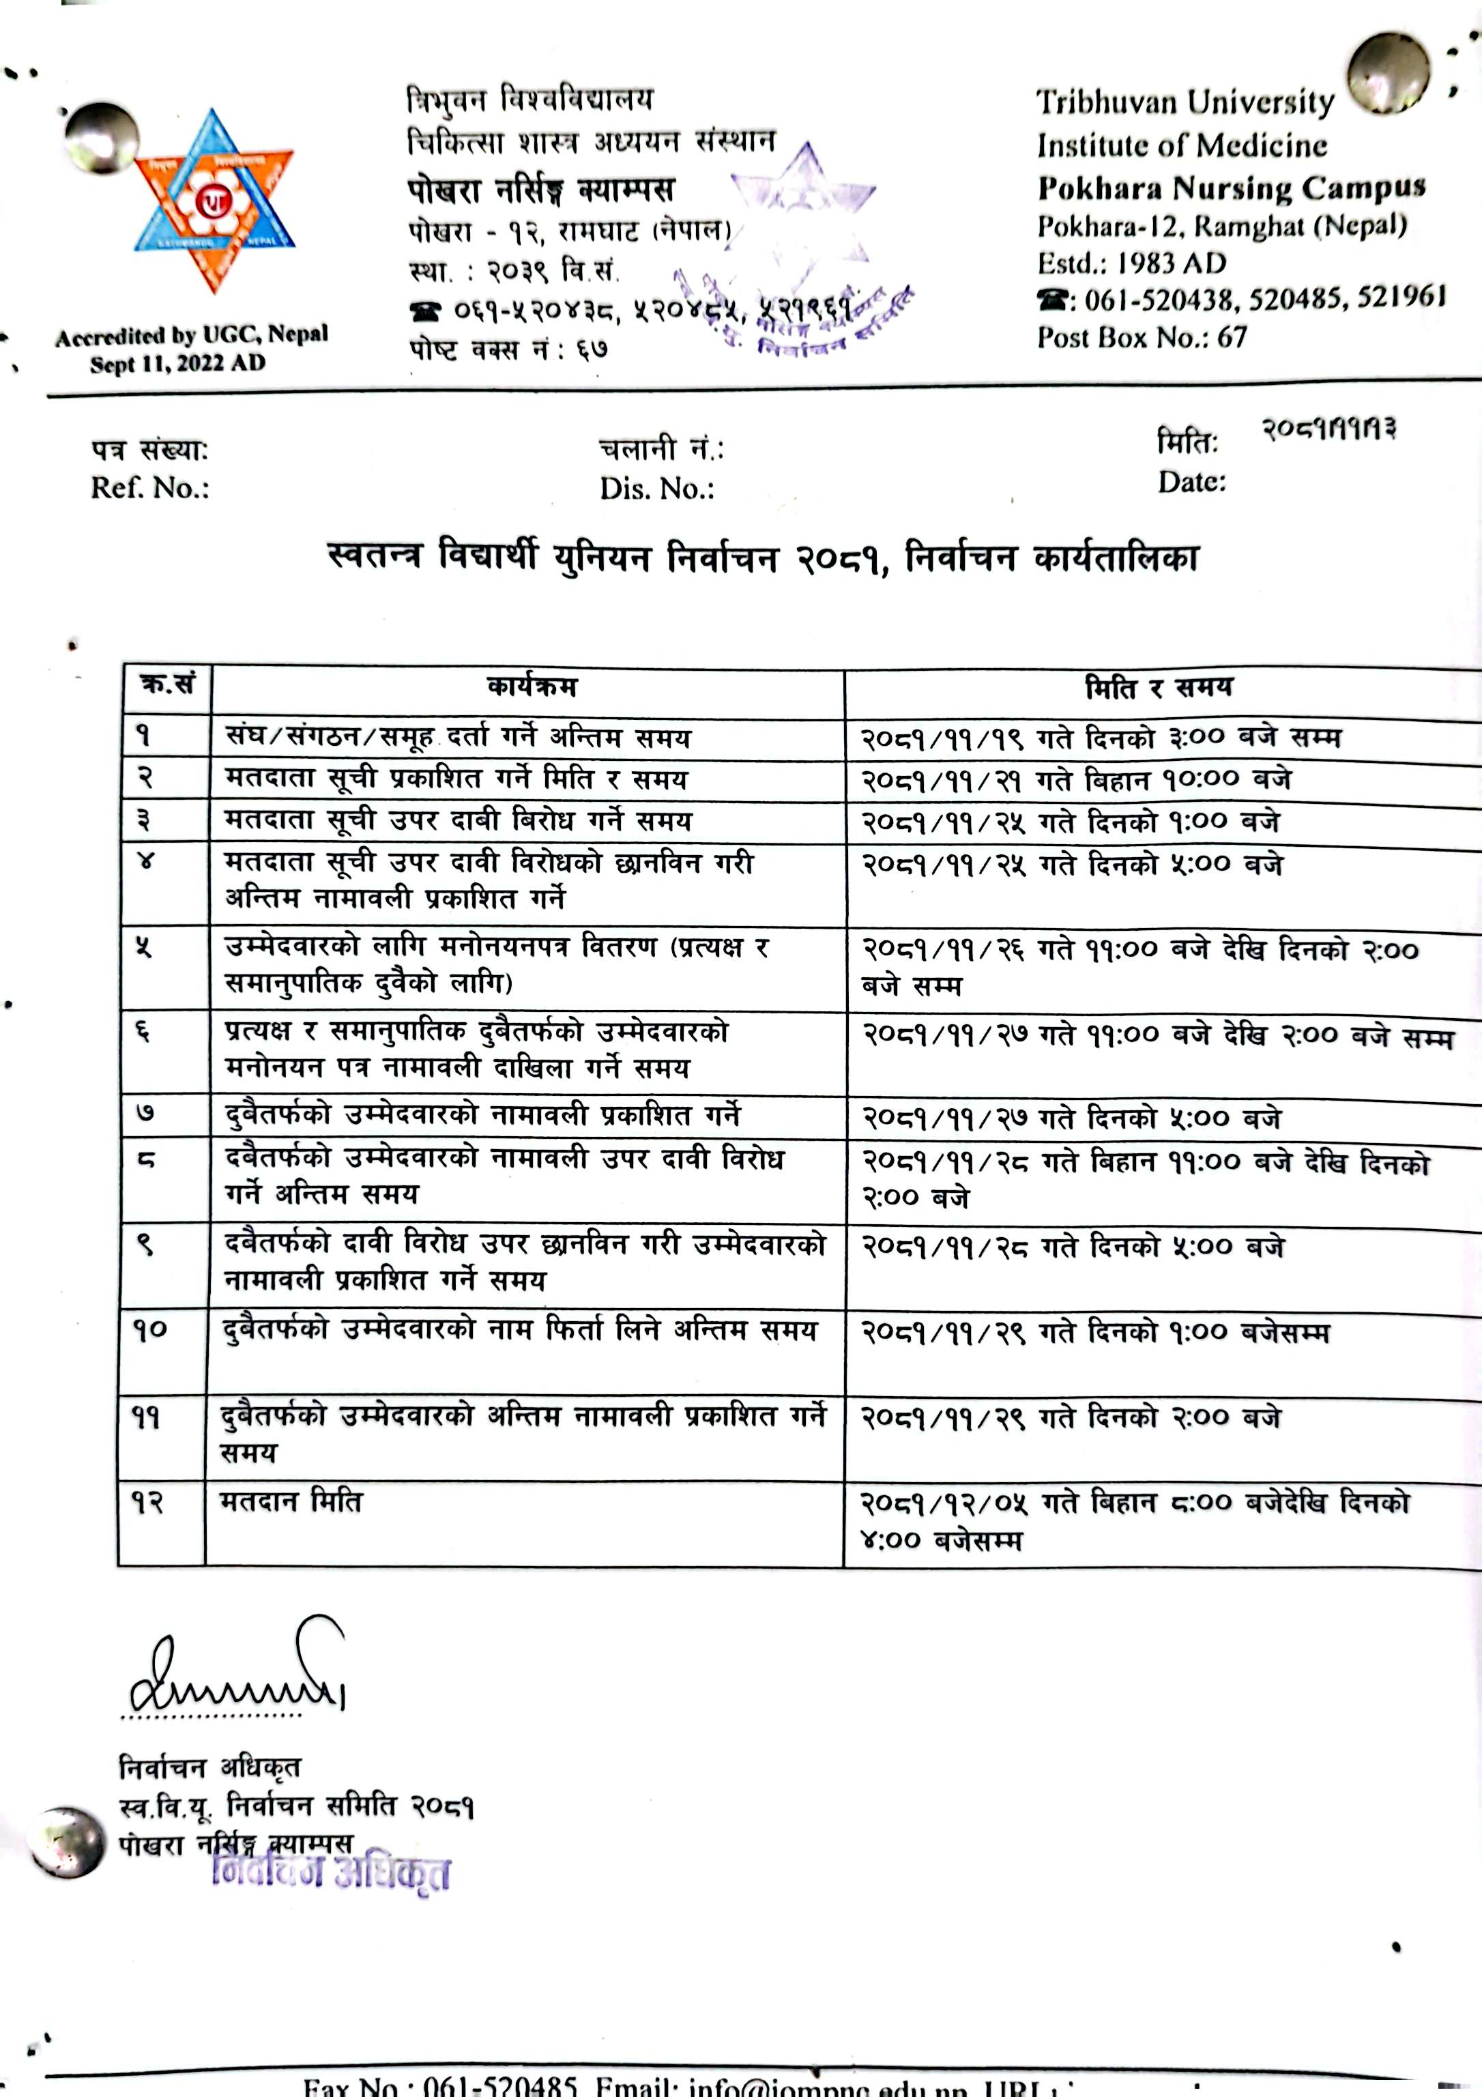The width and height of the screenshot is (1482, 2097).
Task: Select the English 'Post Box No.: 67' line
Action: coord(1142,337)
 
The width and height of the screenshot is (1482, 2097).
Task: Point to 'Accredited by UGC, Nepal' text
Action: coord(191,336)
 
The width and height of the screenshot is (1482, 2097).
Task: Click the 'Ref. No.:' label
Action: coord(149,488)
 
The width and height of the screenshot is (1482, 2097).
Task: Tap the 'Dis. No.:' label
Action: coord(656,489)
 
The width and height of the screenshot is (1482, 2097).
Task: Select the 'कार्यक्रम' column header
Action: coord(532,686)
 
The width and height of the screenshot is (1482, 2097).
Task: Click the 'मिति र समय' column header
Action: coord(1158,686)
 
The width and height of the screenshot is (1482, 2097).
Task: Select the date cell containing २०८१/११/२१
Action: coord(1077,779)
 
